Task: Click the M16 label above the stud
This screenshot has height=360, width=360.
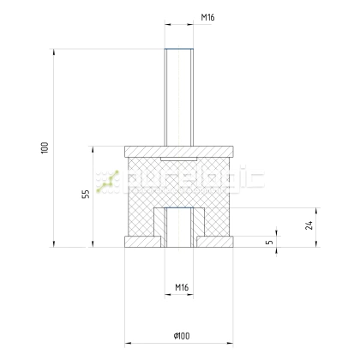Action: pos(181,17)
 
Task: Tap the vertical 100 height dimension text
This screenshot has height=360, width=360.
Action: pos(44,147)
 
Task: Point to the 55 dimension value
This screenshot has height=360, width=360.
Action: pos(86,195)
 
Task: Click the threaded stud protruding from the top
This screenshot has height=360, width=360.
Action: pos(181,94)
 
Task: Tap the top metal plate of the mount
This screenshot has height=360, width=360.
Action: pos(181,149)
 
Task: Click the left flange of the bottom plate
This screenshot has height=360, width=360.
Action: pos(137,242)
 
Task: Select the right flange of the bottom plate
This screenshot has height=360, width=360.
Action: pos(225,242)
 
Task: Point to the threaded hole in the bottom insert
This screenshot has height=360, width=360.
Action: pos(181,227)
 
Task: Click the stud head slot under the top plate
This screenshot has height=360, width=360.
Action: pos(181,159)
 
